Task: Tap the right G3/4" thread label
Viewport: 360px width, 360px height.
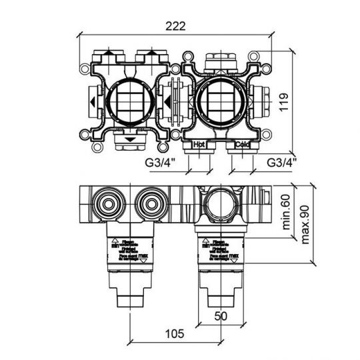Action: click(281, 161)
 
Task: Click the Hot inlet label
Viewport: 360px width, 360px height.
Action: click(198, 144)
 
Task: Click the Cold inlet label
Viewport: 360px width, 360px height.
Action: click(241, 144)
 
